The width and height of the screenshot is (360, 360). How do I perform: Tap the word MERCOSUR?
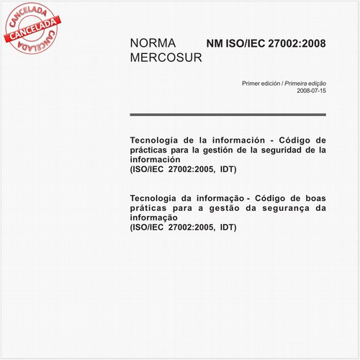(x=166, y=58)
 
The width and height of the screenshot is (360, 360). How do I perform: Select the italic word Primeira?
(x=298, y=84)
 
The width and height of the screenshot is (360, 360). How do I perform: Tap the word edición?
(x=271, y=84)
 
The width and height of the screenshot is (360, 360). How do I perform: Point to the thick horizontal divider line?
(x=228, y=114)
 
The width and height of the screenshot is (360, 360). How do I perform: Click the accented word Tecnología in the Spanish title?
(x=156, y=140)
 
